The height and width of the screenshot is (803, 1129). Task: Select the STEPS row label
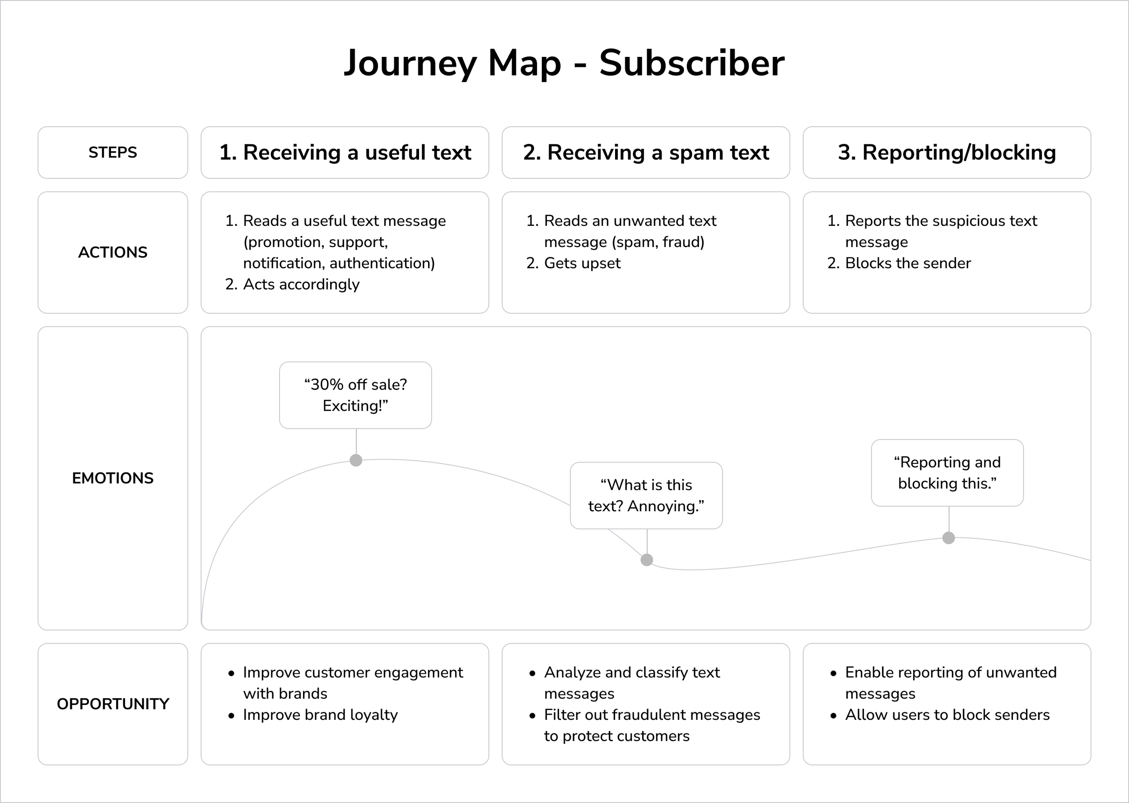(x=113, y=152)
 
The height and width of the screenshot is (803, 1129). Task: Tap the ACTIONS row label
(x=113, y=252)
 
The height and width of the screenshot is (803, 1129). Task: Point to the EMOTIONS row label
(x=113, y=478)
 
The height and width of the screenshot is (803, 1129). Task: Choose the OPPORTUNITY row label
(x=113, y=704)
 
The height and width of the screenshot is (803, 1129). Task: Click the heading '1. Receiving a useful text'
(x=345, y=152)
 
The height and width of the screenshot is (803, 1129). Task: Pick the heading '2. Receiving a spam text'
(x=646, y=152)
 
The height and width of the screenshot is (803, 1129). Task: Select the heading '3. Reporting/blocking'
(x=947, y=152)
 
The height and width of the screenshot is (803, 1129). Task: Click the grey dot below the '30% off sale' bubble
(x=356, y=460)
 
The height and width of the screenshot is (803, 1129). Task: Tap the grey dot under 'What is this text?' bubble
(x=647, y=560)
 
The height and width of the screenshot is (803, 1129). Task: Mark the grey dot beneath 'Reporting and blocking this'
(x=948, y=538)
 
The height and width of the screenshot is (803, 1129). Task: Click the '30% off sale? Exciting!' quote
(x=355, y=395)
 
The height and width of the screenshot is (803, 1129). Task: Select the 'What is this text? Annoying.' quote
(x=646, y=495)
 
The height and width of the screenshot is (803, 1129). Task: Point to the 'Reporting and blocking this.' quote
(x=947, y=473)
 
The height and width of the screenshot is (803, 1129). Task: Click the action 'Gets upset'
(x=582, y=263)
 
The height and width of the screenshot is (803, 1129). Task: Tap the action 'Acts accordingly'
(x=301, y=285)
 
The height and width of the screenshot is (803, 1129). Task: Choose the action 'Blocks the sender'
(x=908, y=263)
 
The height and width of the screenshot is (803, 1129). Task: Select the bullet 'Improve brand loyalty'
(x=320, y=714)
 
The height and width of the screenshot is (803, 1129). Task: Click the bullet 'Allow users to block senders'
(x=947, y=714)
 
